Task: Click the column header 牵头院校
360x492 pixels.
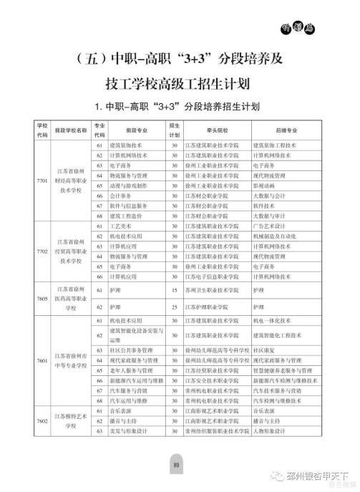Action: pos(210,130)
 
